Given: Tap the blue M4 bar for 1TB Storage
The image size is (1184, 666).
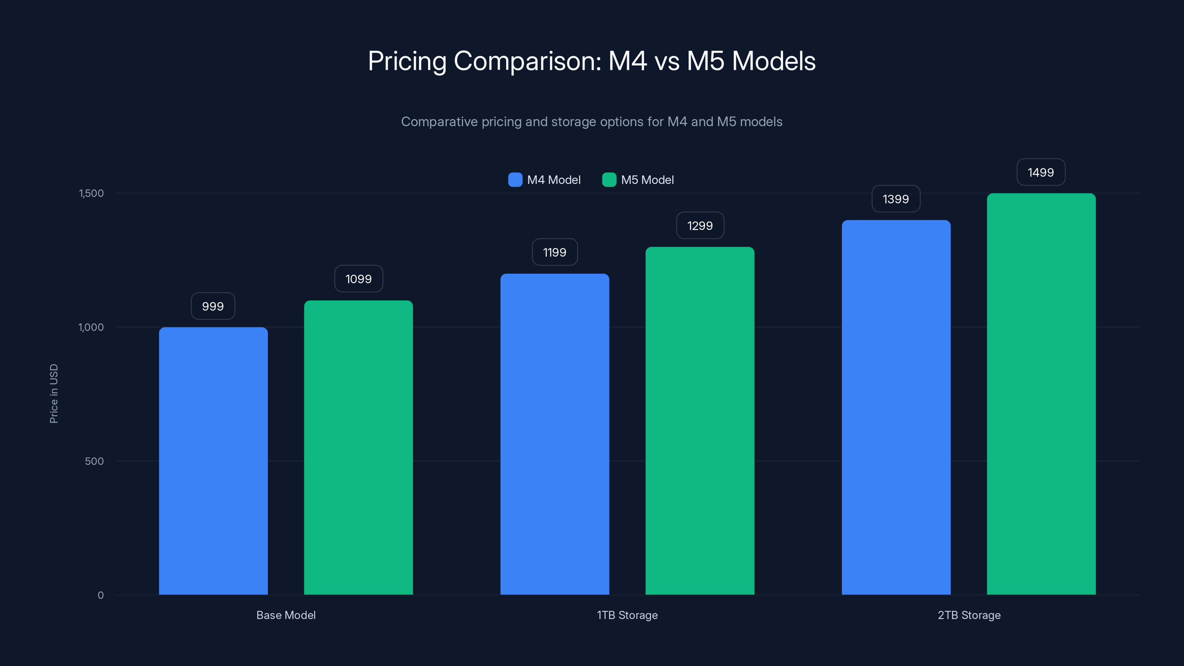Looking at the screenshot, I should click(554, 434).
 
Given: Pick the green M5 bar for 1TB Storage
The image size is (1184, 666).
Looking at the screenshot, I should click(700, 421).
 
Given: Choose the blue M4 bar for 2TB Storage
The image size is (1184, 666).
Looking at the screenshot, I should click(896, 407).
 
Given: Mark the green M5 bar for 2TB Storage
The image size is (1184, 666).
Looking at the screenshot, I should click(1041, 394).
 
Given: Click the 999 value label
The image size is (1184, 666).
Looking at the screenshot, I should click(213, 306).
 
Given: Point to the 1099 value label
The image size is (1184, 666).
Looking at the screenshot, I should click(359, 279).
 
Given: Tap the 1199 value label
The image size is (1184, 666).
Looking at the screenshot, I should click(555, 252).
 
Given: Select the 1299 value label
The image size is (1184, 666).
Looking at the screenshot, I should click(700, 226).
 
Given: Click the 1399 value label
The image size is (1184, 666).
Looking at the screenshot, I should click(896, 199).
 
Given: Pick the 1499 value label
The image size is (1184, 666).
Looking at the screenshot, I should click(1040, 172).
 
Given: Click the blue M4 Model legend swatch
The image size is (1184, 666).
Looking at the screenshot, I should click(515, 180).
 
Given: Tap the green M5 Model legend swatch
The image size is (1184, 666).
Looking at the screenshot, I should click(609, 180).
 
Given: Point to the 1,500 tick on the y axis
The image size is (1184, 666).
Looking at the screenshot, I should click(91, 193).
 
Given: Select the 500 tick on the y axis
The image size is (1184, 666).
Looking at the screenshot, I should click(94, 461).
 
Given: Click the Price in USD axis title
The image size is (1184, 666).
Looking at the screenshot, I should click(54, 393).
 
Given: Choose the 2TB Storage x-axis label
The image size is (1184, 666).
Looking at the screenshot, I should click(969, 615).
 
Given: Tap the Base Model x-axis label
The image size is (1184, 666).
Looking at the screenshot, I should click(286, 615).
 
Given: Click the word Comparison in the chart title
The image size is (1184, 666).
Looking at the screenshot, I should click(527, 61).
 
